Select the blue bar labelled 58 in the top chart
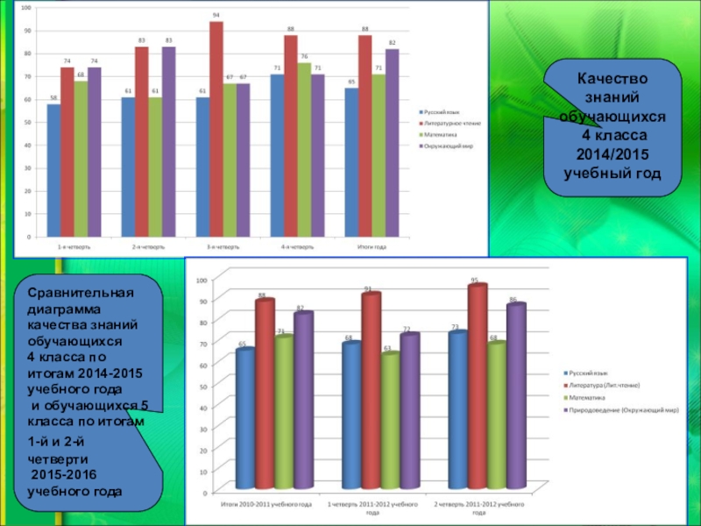pyautogui.click(x=54, y=170)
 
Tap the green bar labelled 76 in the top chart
pyautogui.click(x=304, y=150)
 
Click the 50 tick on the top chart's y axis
pyautogui.click(x=27, y=122)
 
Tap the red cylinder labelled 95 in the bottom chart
pyautogui.click(x=478, y=387)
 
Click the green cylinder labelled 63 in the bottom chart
pyautogui.click(x=390, y=421)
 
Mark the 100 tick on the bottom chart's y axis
pyautogui.click(x=201, y=280)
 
